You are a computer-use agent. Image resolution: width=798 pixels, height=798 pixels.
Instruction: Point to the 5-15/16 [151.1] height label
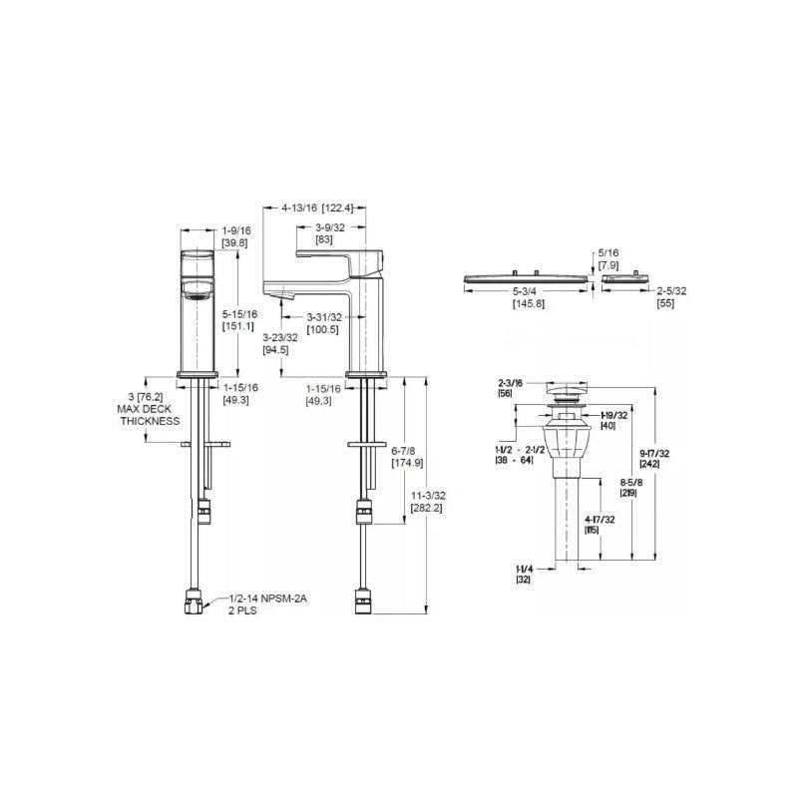coord(238,319)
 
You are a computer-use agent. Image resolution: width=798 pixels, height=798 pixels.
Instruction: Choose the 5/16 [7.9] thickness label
coord(607,260)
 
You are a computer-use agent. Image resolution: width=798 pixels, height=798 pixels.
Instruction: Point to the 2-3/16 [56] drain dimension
coord(512,388)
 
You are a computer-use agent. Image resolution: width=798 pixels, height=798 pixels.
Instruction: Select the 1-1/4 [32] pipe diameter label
coord(524,573)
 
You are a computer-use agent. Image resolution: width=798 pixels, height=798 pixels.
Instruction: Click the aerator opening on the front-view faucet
coord(195,291)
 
